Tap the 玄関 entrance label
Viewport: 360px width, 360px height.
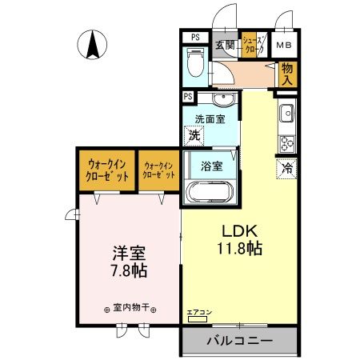click(x=226, y=44)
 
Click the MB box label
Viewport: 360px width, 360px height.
click(x=286, y=45)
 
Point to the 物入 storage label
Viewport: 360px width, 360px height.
click(x=286, y=74)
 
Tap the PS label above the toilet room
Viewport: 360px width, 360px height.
click(x=194, y=37)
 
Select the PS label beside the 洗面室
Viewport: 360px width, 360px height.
click(x=188, y=96)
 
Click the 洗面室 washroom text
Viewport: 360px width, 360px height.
click(x=210, y=119)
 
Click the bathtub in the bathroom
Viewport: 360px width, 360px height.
click(x=210, y=194)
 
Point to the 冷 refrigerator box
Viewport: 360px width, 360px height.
click(x=286, y=168)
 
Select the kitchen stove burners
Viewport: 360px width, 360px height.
click(x=286, y=143)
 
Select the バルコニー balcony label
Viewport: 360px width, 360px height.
click(x=239, y=340)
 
